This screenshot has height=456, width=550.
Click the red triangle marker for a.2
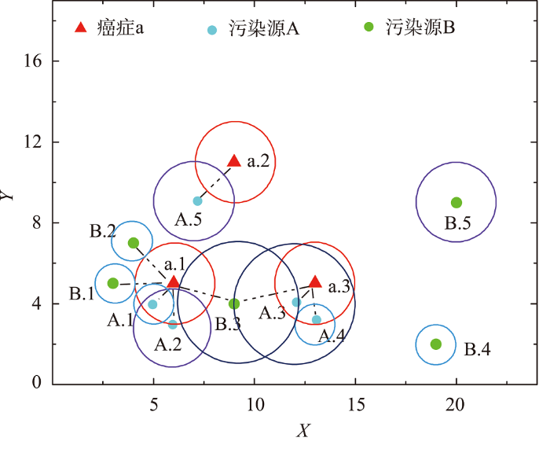(x=234, y=160)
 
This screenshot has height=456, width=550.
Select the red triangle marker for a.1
(x=174, y=282)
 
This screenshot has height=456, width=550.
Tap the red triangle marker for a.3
(x=315, y=281)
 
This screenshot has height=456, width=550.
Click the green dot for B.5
(x=456, y=203)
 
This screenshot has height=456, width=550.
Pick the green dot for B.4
(x=435, y=344)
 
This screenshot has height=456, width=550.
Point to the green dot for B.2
(x=134, y=243)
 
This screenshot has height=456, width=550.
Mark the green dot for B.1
(x=112, y=283)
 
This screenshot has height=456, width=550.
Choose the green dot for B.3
(x=234, y=304)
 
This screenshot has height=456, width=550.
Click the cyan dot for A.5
(x=198, y=201)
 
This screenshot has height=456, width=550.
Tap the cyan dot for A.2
(x=173, y=325)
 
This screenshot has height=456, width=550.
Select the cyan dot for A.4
(x=317, y=320)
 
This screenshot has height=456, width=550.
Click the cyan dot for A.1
(x=152, y=304)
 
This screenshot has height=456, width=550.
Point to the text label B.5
(x=458, y=223)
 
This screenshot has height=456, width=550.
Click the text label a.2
(x=258, y=161)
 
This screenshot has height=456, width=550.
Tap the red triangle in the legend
(x=81, y=27)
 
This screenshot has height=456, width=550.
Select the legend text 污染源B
(x=420, y=28)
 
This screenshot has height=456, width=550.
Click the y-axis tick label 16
(x=33, y=61)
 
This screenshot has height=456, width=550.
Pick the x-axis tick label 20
(x=455, y=405)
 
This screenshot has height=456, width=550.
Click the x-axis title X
(x=303, y=430)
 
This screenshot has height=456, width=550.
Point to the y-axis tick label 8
(x=37, y=222)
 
